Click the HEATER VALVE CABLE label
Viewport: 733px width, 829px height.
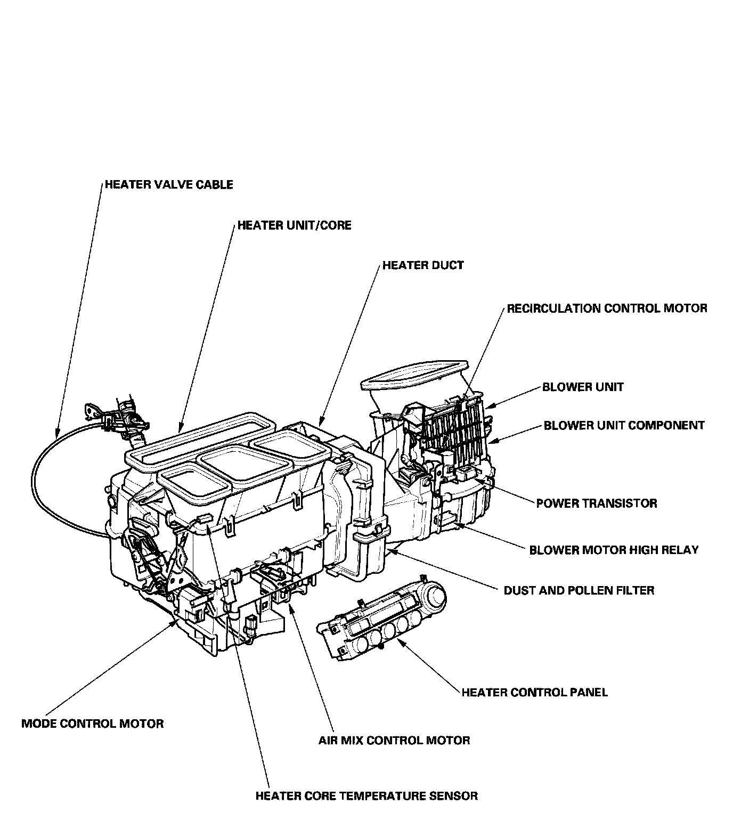[x=169, y=185]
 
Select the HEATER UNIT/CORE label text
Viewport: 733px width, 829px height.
[x=294, y=225]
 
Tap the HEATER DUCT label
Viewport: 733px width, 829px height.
[x=423, y=265]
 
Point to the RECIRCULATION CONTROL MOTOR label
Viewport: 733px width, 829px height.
[x=607, y=308]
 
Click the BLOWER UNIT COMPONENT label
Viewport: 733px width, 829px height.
[x=624, y=426]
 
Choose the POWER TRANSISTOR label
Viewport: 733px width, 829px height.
[x=597, y=503]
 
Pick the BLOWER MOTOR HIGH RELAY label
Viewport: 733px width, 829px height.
[x=614, y=550]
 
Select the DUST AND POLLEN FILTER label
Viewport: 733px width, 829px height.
[x=579, y=590]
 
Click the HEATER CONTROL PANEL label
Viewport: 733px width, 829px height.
[x=534, y=693]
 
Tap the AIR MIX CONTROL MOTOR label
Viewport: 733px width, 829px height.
[x=394, y=741]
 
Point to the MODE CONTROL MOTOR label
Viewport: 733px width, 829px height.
[x=93, y=724]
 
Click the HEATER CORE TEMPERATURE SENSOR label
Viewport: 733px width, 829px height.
[x=366, y=797]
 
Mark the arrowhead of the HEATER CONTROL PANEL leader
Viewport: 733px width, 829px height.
[x=401, y=643]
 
